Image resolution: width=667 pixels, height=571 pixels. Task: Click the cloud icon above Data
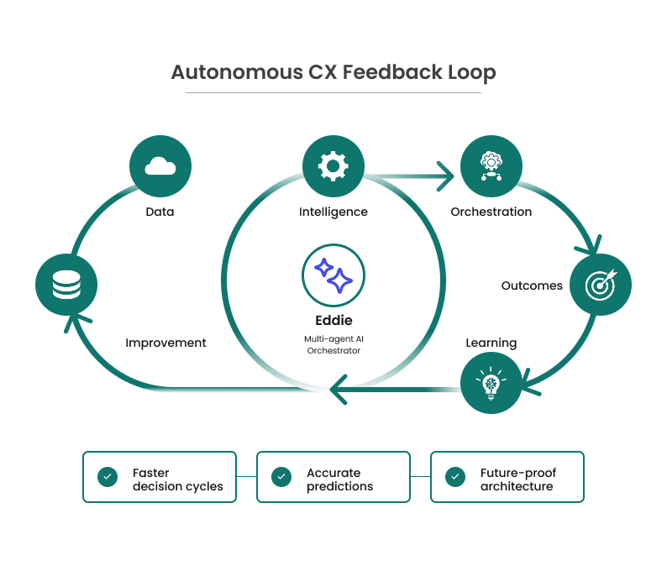[160, 166]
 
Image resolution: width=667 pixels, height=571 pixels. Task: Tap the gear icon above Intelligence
[333, 166]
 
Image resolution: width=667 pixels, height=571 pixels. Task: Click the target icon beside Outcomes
[601, 285]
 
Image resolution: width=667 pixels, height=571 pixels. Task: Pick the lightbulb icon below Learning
[491, 382]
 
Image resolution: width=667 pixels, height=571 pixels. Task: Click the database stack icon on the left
[66, 285]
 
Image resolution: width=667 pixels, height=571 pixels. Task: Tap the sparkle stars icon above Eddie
[333, 275]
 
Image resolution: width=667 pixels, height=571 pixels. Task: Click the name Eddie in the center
[333, 320]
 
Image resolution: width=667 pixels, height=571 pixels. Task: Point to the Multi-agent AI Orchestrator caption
[333, 344]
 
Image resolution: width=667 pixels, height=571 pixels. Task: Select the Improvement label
[165, 343]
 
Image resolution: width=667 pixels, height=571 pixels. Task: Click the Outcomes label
[532, 285]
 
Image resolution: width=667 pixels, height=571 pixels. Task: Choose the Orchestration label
[491, 212]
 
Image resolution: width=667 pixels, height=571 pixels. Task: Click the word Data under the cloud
[160, 212]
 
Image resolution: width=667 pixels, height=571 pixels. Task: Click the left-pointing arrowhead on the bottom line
[339, 389]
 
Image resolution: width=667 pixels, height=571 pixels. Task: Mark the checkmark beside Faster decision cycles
[107, 477]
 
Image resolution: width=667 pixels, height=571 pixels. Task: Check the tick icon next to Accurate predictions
[281, 477]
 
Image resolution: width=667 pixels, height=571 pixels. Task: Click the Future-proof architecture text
[517, 479]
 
